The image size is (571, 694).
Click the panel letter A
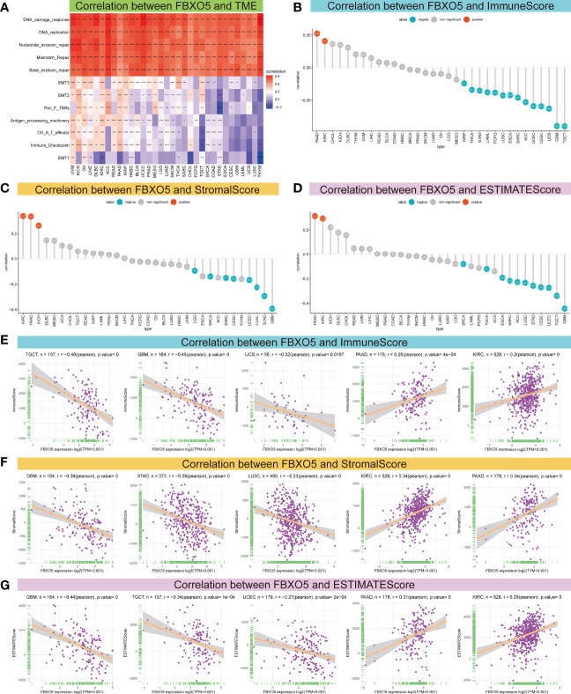6,7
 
